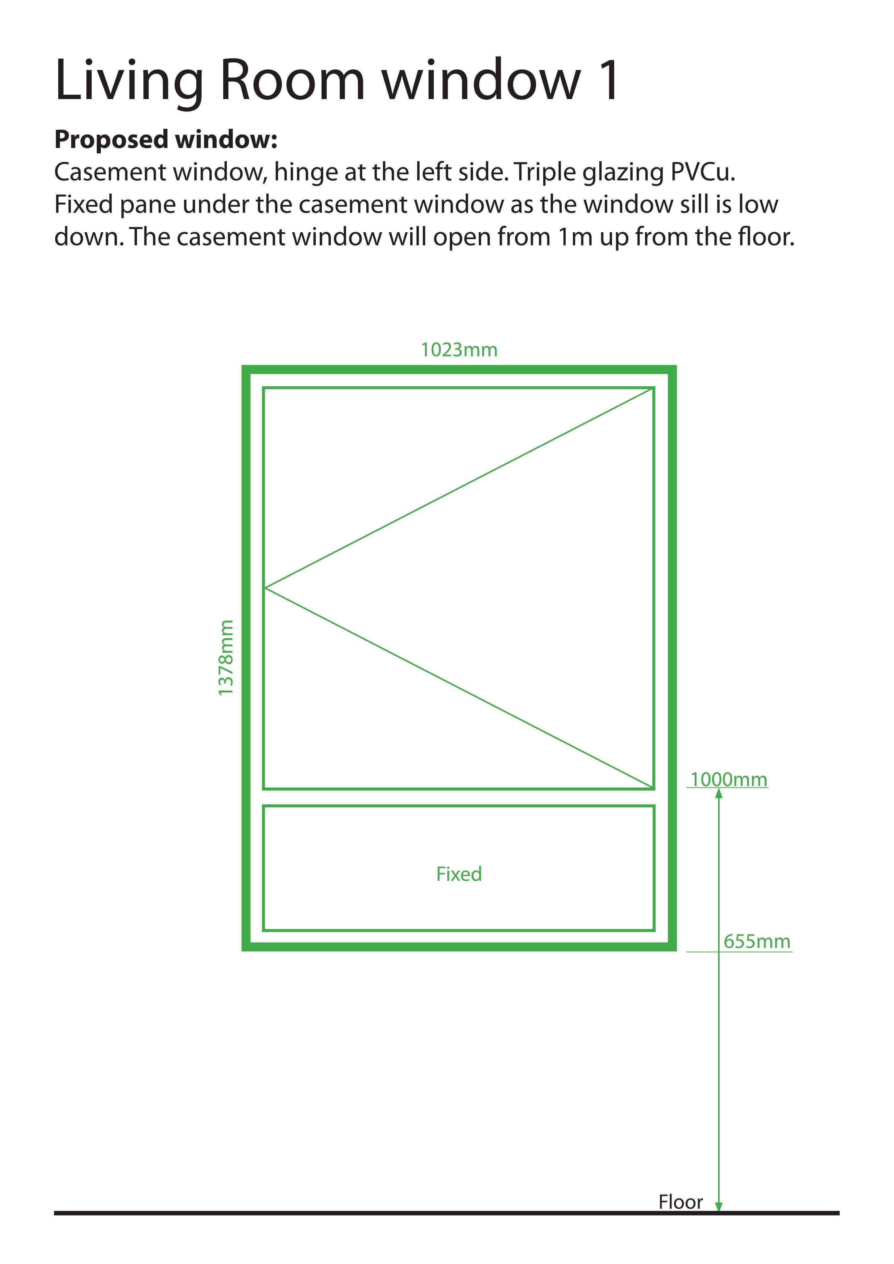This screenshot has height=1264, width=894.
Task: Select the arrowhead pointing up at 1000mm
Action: (718, 794)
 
